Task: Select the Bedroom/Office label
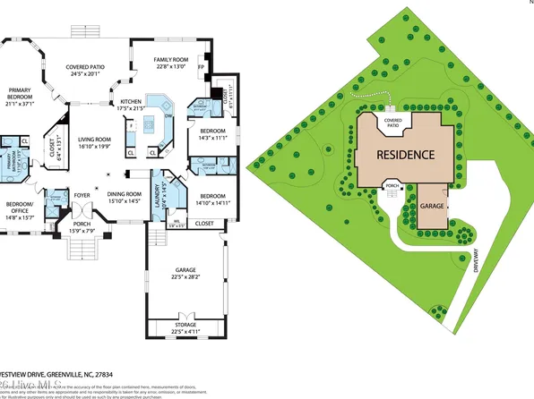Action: (20, 208)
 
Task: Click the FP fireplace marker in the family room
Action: (201, 65)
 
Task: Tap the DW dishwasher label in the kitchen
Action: (168, 114)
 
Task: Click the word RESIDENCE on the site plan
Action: (405, 154)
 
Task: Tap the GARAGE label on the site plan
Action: (432, 205)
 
